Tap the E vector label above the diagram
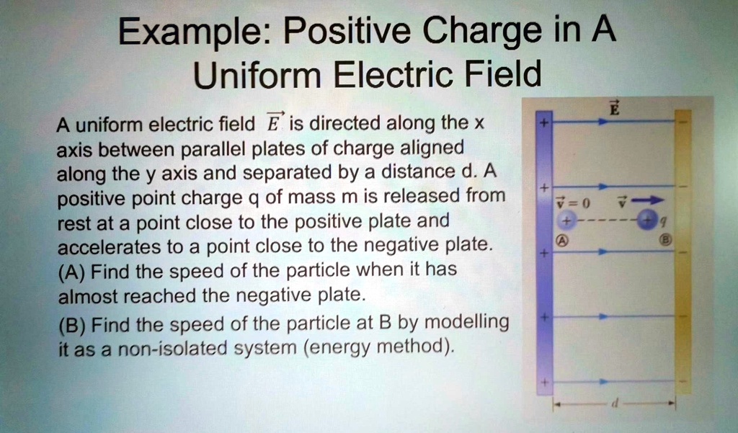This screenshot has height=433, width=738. (614, 109)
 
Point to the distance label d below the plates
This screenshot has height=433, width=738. (613, 405)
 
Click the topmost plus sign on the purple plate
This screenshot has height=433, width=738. (544, 124)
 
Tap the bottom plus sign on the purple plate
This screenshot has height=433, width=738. (544, 381)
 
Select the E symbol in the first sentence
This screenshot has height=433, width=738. (272, 123)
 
